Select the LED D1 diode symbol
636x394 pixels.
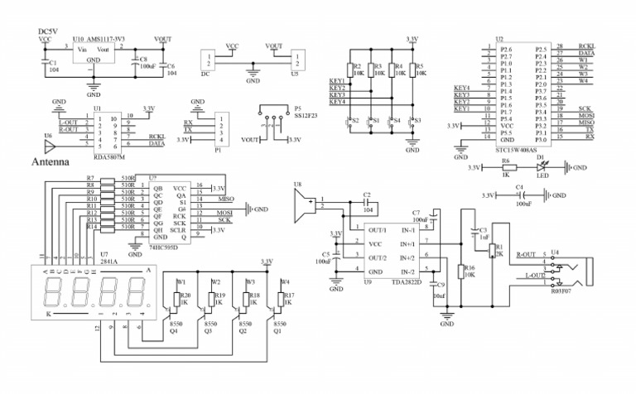[542, 167]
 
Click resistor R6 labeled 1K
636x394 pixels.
[506, 167]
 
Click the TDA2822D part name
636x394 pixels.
[407, 282]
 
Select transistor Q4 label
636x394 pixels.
[174, 330]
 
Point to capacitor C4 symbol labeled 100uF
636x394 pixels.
[521, 195]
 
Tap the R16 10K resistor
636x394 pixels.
[460, 272]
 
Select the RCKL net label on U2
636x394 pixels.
[586, 47]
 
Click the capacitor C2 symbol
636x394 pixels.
[365, 202]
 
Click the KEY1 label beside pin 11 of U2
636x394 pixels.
[462, 108]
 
